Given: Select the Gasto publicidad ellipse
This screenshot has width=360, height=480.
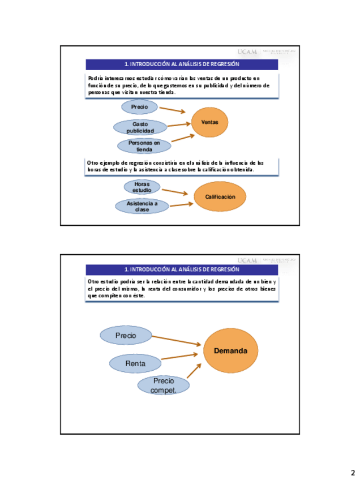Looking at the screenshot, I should pyautogui.click(x=140, y=127).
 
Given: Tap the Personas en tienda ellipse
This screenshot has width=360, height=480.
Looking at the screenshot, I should pyautogui.click(x=144, y=146).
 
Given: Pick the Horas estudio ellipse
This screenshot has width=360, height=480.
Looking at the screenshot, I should pyautogui.click(x=142, y=187).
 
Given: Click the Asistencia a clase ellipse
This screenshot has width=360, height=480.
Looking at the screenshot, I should pyautogui.click(x=142, y=206).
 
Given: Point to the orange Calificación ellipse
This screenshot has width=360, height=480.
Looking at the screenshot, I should pyautogui.click(x=220, y=196).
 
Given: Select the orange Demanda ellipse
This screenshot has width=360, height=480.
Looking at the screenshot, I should pyautogui.click(x=230, y=351).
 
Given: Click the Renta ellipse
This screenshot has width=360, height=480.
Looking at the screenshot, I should pyautogui.click(x=135, y=363).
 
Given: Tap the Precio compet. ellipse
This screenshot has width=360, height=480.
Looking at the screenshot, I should pyautogui.click(x=164, y=385).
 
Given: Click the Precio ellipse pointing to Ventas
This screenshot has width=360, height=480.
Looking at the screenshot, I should pyautogui.click(x=139, y=107).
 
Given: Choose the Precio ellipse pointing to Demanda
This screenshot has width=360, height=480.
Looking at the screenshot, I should pyautogui.click(x=126, y=336).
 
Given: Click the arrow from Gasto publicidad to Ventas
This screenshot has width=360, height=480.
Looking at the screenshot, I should pyautogui.click(x=178, y=125).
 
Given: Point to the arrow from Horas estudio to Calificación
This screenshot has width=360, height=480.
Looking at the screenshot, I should pyautogui.click(x=174, y=192).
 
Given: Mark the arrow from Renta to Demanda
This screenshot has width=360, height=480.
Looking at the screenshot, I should pyautogui.click(x=179, y=357).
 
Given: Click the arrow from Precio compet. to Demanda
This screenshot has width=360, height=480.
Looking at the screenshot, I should pyautogui.click(x=194, y=371).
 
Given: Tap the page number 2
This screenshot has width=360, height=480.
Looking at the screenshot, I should pyautogui.click(x=352, y=473).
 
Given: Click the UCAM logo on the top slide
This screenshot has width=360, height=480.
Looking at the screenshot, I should pyautogui.click(x=247, y=52).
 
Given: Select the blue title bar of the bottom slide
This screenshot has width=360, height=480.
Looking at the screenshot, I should pyautogui.click(x=182, y=269).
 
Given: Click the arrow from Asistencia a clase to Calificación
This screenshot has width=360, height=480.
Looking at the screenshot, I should pyautogui.click(x=181, y=204).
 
